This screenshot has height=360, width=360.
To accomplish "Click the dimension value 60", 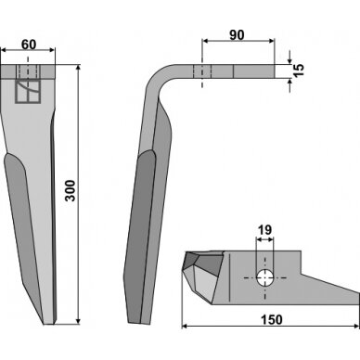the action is click(x=29, y=45).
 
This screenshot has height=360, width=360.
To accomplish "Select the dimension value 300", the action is click(x=71, y=190).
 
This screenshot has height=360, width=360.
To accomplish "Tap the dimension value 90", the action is click(x=237, y=35).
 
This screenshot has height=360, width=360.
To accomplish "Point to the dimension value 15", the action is click(x=299, y=71).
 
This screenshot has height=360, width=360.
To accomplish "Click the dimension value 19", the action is click(x=264, y=230).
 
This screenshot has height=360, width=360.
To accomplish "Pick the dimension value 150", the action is click(x=271, y=319).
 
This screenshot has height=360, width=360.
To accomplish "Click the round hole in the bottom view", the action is click(x=264, y=277).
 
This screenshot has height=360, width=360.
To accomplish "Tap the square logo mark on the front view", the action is click(x=28, y=92).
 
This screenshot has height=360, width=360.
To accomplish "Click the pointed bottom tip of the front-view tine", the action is click(x=48, y=324).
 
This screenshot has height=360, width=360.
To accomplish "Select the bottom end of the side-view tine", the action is click(x=139, y=323).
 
